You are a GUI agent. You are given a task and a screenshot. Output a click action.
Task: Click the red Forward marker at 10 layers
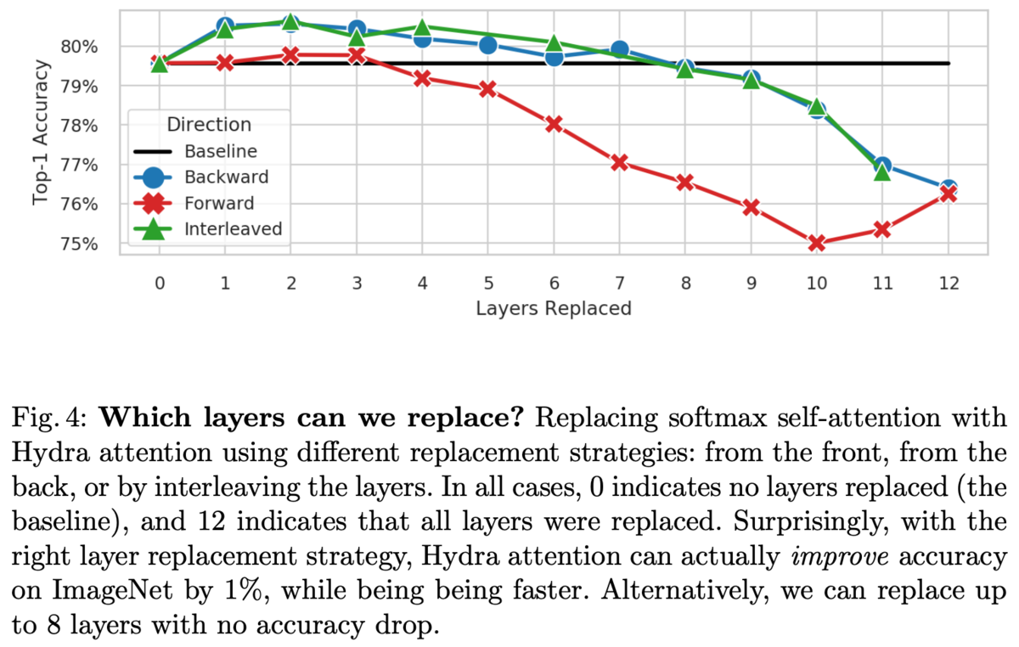[817, 243]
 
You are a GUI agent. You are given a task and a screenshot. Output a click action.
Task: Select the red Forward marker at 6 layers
[554, 124]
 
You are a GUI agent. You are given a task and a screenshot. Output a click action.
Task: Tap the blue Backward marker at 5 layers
[487, 45]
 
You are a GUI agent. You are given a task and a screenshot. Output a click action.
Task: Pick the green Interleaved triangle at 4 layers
[422, 28]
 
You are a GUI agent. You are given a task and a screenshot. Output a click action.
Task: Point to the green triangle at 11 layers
[882, 172]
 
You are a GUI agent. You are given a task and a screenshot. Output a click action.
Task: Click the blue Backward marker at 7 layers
[620, 49]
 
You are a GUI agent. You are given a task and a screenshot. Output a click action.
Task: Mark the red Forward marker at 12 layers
[948, 194]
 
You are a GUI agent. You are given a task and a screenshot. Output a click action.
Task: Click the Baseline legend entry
[195, 151]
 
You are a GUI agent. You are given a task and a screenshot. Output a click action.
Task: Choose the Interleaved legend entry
[208, 229]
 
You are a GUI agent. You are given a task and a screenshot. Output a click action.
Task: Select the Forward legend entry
[194, 203]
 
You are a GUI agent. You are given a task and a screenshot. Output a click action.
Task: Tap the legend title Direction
[209, 124]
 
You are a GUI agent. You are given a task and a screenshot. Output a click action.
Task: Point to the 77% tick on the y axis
[79, 165]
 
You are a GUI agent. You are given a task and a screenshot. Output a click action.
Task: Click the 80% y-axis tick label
[79, 47]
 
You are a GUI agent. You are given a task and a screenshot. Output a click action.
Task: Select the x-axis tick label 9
[751, 283]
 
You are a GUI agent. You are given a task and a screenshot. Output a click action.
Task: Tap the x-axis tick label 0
[160, 283]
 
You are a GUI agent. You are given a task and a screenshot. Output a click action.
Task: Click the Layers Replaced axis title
[554, 308]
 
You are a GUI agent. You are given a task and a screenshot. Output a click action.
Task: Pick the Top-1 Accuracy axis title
[40, 132]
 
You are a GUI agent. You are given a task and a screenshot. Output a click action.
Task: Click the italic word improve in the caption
[840, 556]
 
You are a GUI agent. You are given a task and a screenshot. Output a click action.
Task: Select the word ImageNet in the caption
[112, 591]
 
